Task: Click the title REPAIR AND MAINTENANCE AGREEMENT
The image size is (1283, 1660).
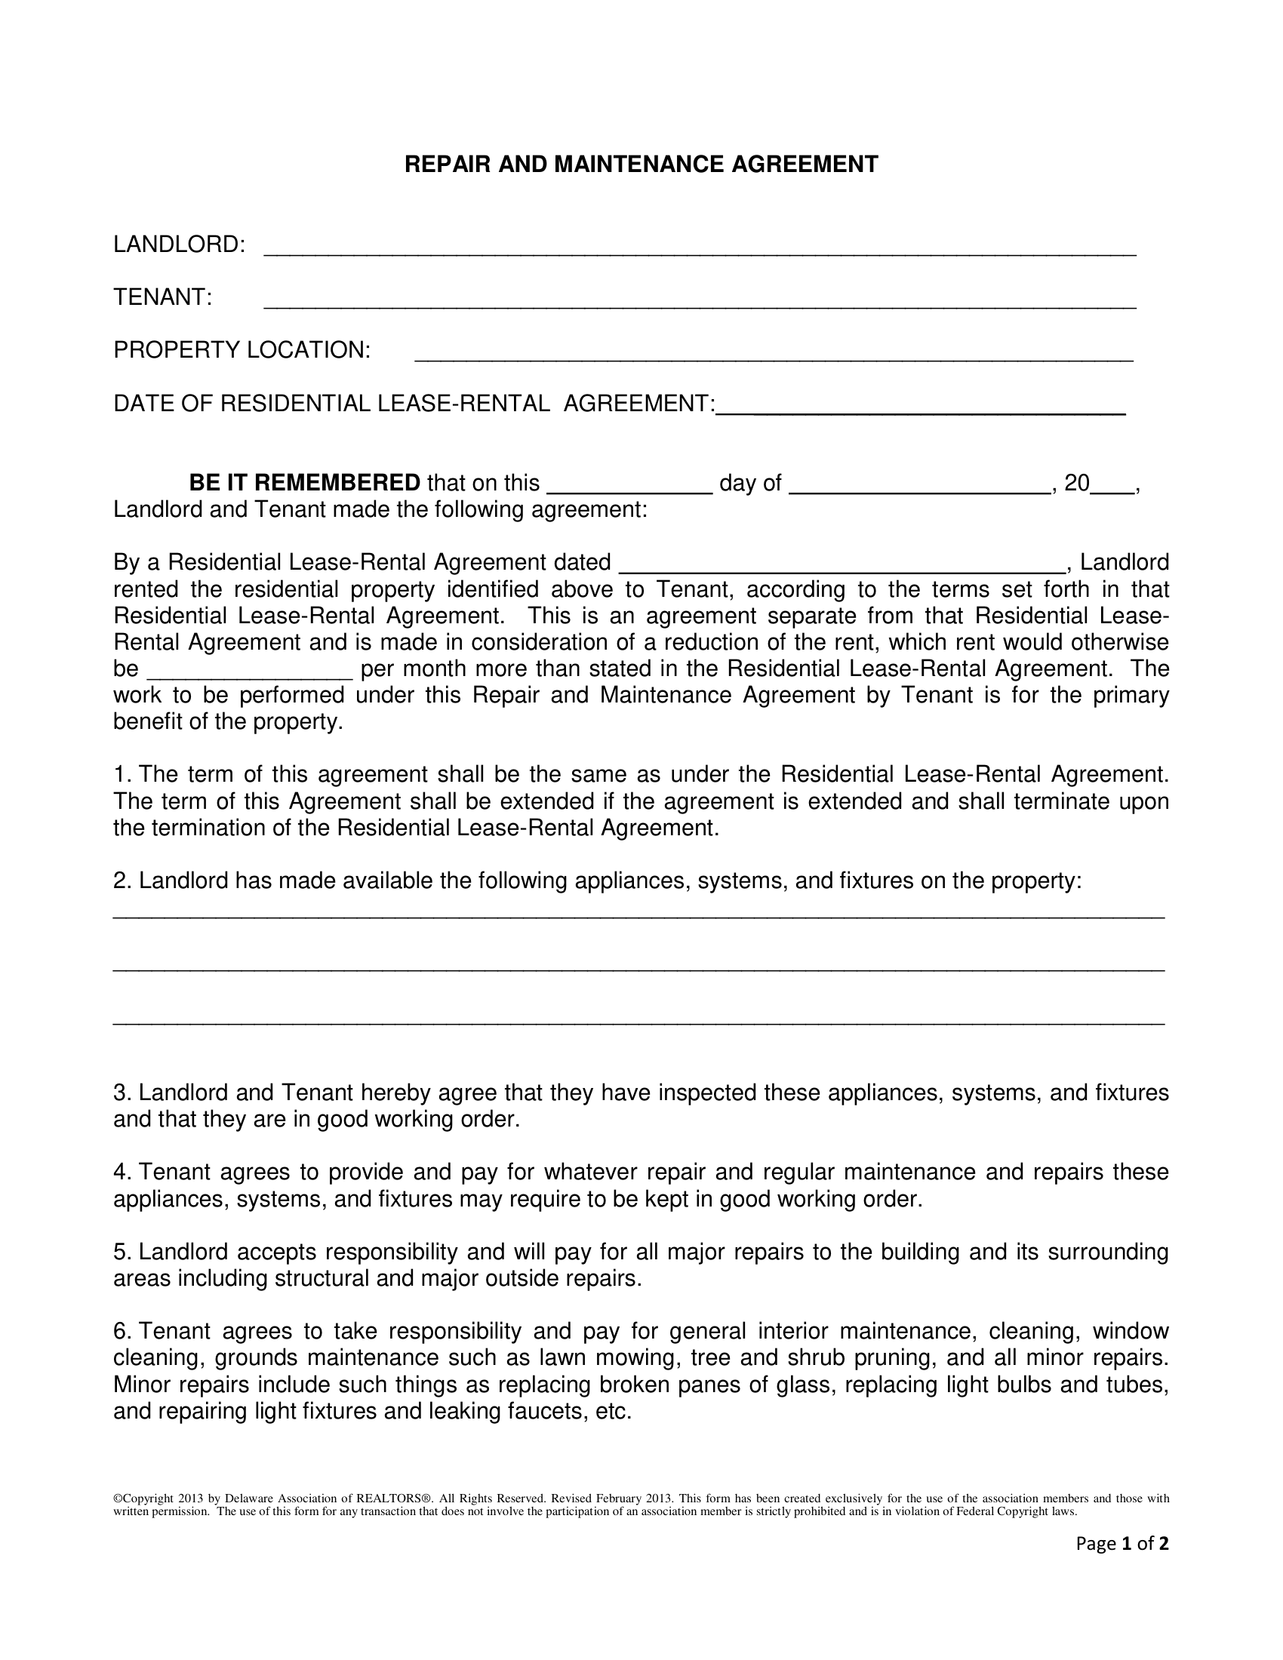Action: (x=641, y=164)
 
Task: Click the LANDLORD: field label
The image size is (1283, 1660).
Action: (x=179, y=244)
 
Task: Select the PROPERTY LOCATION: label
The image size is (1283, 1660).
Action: (x=242, y=349)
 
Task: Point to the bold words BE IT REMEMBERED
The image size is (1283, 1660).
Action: (x=304, y=483)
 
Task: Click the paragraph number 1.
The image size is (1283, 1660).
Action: (x=120, y=774)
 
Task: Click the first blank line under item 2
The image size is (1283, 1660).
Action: (x=638, y=916)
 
